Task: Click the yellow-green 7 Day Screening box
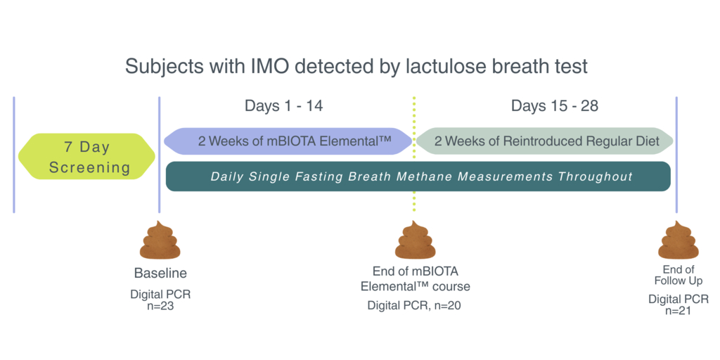click(86, 156)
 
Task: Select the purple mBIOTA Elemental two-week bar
click(288, 141)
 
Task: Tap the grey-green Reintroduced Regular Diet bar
click(545, 141)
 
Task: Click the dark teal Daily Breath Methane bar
click(418, 176)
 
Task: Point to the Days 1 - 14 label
click(284, 106)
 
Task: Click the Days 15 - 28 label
click(555, 106)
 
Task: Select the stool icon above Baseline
click(160, 240)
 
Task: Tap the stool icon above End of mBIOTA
click(415, 240)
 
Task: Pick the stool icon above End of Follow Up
click(679, 240)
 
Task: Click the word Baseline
click(161, 274)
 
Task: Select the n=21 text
click(679, 310)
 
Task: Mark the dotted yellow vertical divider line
click(414, 154)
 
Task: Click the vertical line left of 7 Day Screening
click(14, 155)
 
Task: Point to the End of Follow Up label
click(679, 275)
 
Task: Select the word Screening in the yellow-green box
click(90, 167)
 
